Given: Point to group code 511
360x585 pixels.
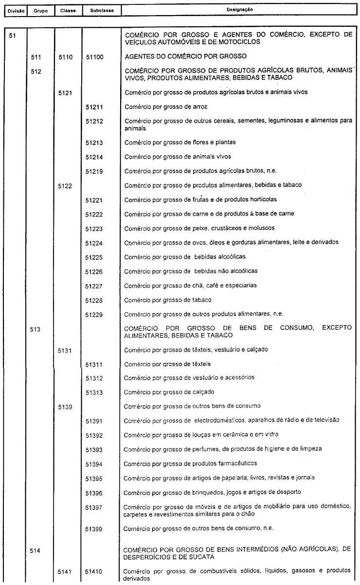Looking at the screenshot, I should click(35, 57).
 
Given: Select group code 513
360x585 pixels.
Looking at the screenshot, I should click(35, 329).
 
